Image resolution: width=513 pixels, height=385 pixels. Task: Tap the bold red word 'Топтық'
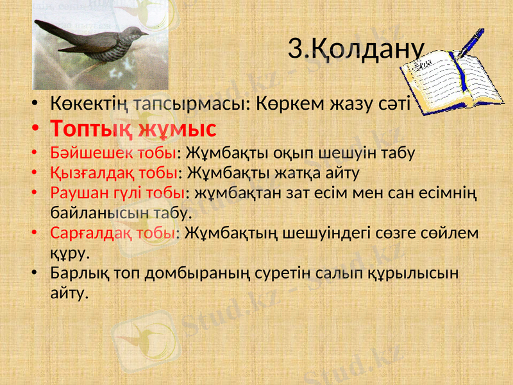coord(96,128)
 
